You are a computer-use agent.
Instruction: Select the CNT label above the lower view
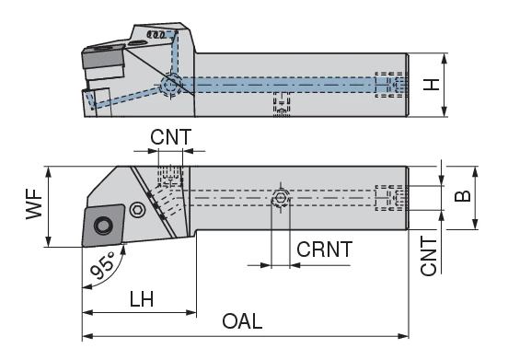pos(170,137)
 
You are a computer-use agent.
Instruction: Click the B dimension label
pos(465,195)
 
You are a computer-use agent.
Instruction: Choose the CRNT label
pos(324,249)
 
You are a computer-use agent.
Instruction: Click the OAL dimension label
pos(243,322)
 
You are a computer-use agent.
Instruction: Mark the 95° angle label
pos(103,267)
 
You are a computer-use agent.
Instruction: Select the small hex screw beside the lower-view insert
pos(137,209)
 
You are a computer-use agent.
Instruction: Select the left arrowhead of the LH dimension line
pos(87,313)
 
